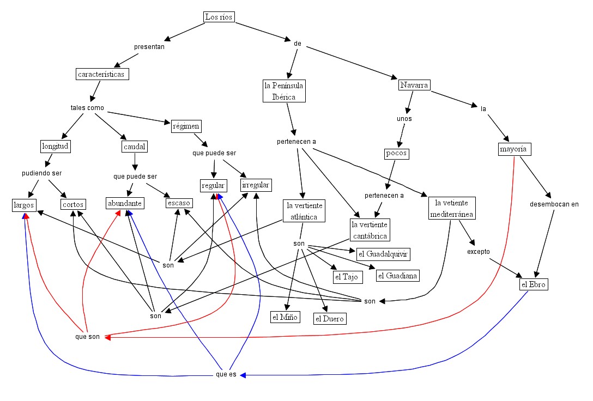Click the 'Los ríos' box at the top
pos(219,17)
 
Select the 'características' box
pos(102,74)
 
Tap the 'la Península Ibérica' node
pos(283,91)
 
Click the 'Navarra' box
pos(414,85)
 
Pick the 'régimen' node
pos(186,126)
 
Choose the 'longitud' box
pos(56,146)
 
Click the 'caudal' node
pos(135,147)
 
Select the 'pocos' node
pos(396,153)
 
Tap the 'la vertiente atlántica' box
pos(305,211)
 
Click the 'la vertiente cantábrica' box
pos(370,230)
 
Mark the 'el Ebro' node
pos(533,284)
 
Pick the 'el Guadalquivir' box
pos(383,254)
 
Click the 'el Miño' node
pos(285,317)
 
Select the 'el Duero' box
pos(330,319)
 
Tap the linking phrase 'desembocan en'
pos(554,204)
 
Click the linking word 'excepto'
pos(479,252)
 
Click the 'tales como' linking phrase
pos(87,107)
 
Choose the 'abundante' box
pos(125,203)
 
